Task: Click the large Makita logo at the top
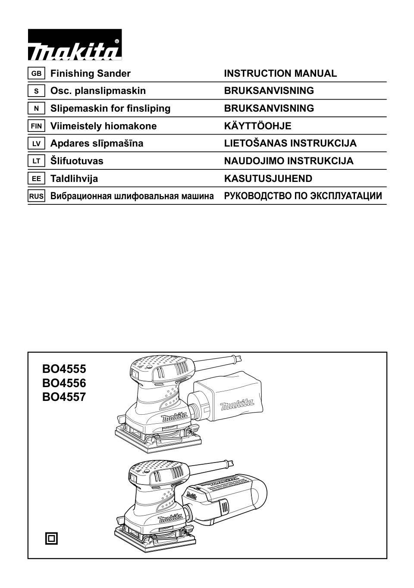75,45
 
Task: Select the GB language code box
36,74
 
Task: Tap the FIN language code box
36,126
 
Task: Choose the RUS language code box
36,197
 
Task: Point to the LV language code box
36,144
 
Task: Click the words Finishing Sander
90,73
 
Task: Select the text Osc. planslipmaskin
98,91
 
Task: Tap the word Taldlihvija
74,178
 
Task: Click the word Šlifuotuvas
77,161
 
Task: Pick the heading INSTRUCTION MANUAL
280,73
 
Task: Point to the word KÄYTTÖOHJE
257,126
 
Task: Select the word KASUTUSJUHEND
268,178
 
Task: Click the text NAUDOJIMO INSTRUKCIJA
289,161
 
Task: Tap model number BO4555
64,369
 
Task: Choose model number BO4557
64,397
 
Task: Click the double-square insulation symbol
51,538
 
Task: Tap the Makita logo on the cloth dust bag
237,405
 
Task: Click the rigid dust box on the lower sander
229,496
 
